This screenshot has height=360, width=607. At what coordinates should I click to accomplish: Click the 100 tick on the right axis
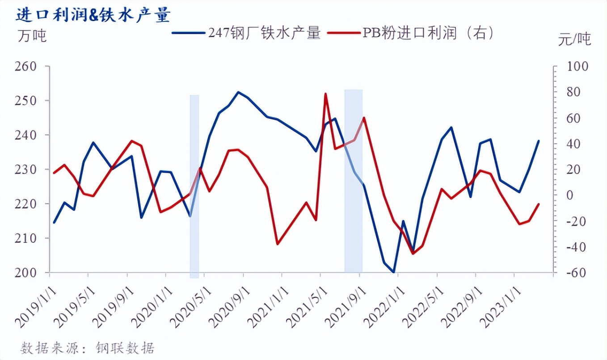(578, 66)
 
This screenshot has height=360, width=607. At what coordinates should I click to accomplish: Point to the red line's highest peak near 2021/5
(325, 94)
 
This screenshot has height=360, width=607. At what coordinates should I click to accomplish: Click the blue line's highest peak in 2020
(238, 92)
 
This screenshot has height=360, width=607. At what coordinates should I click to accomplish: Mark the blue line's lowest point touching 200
(393, 272)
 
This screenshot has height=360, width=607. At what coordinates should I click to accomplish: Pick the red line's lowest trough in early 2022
(413, 254)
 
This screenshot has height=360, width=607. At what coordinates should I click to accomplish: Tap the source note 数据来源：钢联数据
(88, 347)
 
